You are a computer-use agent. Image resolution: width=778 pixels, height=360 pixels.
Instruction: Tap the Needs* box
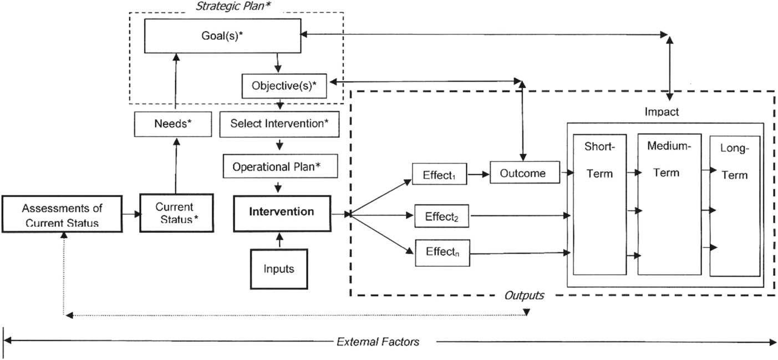[x=173, y=124]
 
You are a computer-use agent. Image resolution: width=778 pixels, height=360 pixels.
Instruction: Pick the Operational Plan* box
[x=279, y=166]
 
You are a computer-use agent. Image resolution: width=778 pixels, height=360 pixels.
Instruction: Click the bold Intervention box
[x=281, y=212]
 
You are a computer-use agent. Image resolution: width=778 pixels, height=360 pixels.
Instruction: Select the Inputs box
[x=278, y=269]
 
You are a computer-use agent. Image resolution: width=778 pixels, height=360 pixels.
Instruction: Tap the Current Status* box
[x=176, y=213]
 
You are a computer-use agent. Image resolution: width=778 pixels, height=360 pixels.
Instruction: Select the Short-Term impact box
[x=599, y=204]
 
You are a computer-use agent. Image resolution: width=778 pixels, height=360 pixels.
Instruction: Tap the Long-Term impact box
[x=734, y=206]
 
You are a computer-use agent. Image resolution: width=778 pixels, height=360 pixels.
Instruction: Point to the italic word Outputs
[x=524, y=296]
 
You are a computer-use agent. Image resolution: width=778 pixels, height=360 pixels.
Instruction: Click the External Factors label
[x=378, y=342]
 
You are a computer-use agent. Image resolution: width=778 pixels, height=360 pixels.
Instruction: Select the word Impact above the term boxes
[x=662, y=112]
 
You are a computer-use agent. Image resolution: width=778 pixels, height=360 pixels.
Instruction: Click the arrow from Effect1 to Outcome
[x=479, y=173]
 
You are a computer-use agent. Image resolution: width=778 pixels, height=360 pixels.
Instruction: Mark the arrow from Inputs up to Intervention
[x=278, y=241]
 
